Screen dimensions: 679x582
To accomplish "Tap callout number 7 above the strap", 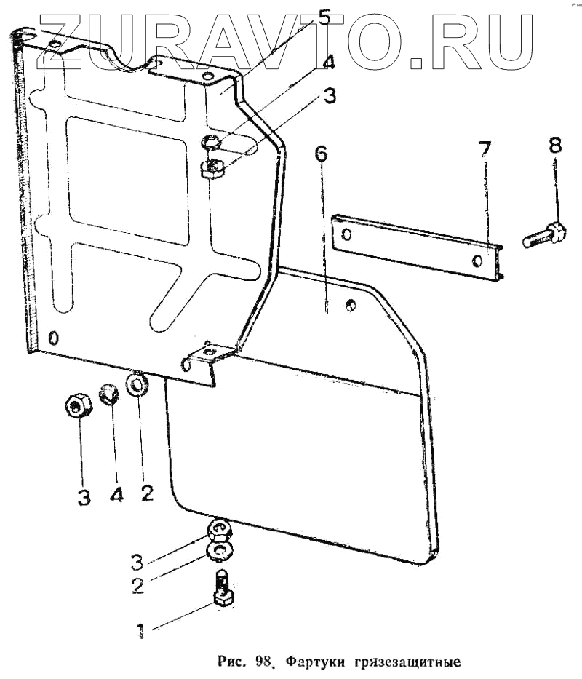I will pos(485,151).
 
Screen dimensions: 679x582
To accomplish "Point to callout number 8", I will pos(555,145).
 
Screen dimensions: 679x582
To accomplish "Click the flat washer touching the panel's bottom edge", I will pos(138,384).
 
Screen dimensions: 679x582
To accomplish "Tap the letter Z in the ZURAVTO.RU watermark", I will pos(65,40).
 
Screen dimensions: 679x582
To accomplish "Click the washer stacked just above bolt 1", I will pos(220,551).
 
